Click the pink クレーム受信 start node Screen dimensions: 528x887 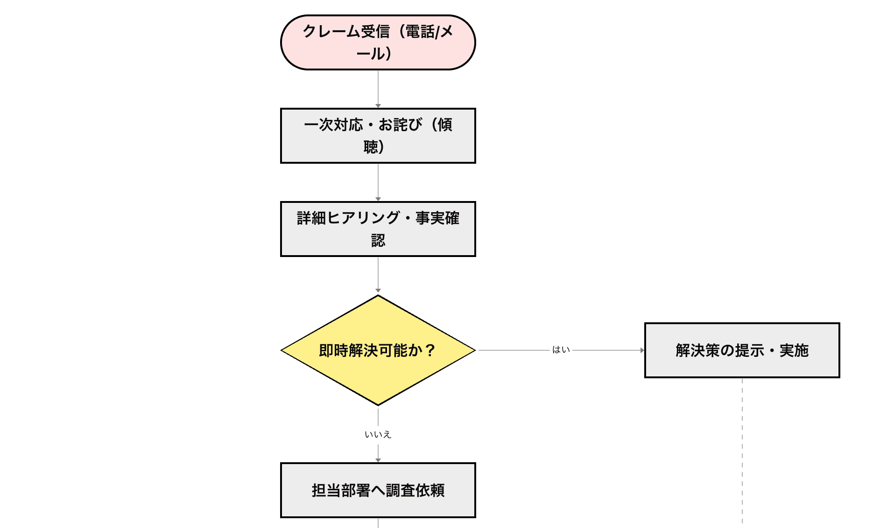click(x=378, y=42)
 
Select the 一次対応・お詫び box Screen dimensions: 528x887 click(x=378, y=136)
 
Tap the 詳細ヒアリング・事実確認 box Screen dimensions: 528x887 click(x=378, y=229)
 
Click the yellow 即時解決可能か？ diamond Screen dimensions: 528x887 click(x=378, y=350)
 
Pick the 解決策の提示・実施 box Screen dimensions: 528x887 click(x=742, y=350)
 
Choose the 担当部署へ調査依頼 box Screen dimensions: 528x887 click(x=378, y=490)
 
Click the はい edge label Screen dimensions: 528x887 click(x=561, y=350)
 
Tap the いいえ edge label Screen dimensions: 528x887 click(x=378, y=435)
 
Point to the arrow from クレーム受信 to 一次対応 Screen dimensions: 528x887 click(x=378, y=89)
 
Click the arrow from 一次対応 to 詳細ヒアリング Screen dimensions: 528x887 click(x=378, y=182)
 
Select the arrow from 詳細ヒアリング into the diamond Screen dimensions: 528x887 click(x=378, y=275)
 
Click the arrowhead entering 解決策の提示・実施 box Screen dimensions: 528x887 click(x=642, y=350)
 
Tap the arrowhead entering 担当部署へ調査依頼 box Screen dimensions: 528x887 click(x=378, y=460)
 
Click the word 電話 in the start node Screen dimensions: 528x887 click(x=419, y=32)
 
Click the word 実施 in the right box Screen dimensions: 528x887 click(x=794, y=350)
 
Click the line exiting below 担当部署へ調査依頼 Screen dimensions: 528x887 click(x=378, y=523)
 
